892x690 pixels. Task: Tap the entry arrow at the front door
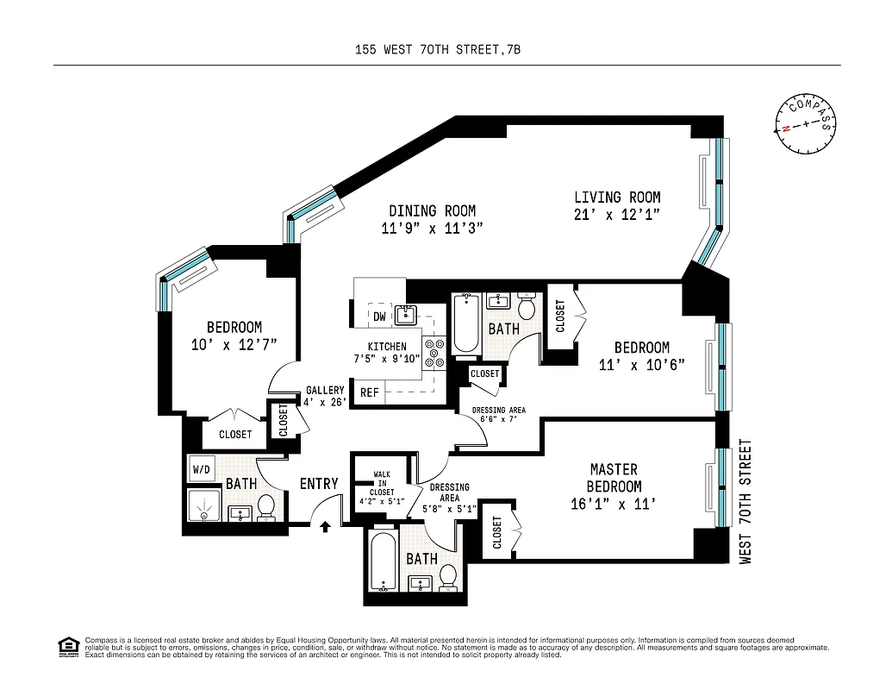tap(326, 525)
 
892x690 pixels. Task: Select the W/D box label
tap(202, 470)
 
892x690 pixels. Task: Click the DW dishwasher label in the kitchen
tap(379, 317)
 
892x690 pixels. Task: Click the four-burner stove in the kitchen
tap(435, 352)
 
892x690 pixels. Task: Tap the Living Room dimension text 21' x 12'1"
tap(617, 216)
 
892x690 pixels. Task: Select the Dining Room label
tap(432, 210)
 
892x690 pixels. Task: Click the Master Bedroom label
tap(614, 477)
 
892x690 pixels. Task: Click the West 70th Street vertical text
tap(746, 501)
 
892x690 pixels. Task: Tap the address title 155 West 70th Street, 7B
tap(438, 50)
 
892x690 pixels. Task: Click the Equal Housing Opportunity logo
tap(67, 646)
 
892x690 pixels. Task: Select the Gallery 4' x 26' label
tap(324, 396)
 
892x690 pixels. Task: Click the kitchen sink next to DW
tap(406, 315)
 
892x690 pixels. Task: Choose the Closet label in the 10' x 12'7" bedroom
tap(235, 434)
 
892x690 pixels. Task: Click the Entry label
tap(319, 484)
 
